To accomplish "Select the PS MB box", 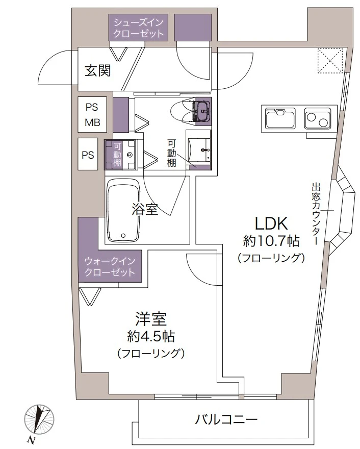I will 92,115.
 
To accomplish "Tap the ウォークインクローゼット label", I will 110,267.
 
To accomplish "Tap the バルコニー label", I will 226,420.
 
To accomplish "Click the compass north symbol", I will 38,417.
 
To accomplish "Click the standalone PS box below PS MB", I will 89,154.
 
